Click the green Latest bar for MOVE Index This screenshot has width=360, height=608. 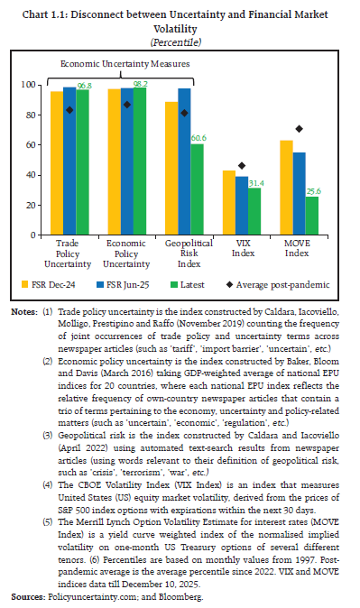[x=311, y=216]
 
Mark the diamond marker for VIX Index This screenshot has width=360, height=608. [x=240, y=166]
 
